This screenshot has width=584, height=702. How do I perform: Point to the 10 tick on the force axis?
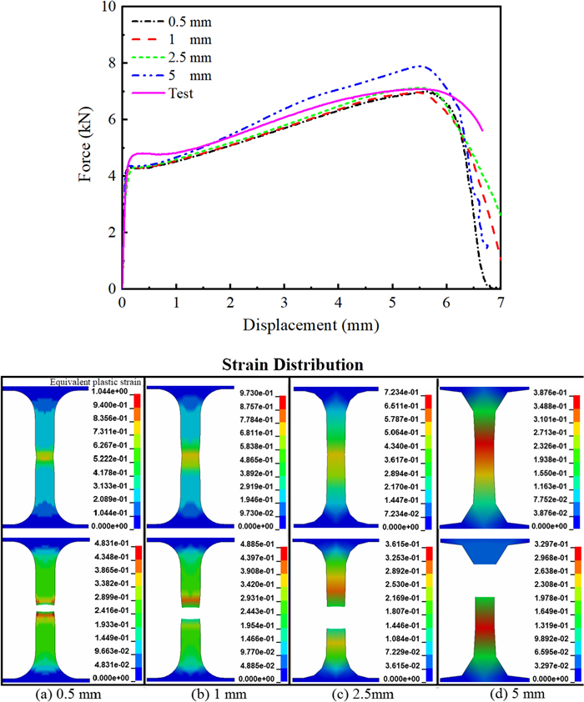[x=107, y=8]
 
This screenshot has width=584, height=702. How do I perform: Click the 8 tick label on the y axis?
[x=111, y=63]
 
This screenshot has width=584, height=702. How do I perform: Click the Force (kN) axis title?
[x=86, y=148]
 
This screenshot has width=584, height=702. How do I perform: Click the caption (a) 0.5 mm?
[x=73, y=694]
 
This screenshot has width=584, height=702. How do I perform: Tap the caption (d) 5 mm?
[x=509, y=694]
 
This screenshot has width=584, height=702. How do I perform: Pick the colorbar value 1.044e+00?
[x=120, y=392]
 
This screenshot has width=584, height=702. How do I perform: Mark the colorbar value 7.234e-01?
[x=407, y=392]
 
